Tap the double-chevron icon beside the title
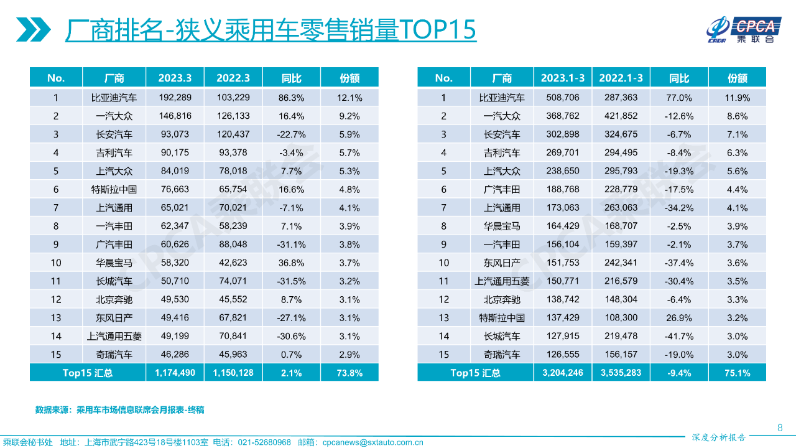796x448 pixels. click(x=34, y=29)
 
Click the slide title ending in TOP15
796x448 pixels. click(x=271, y=30)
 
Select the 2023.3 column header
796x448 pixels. click(x=175, y=78)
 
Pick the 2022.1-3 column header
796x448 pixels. click(x=621, y=78)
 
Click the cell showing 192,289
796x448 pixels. click(x=175, y=98)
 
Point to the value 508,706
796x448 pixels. click(x=563, y=98)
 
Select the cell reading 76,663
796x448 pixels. click(x=175, y=190)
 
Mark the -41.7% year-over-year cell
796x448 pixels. click(x=678, y=337)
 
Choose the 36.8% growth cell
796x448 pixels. click(x=291, y=263)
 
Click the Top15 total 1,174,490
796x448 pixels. click(x=175, y=373)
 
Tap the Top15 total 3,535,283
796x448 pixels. click(x=621, y=373)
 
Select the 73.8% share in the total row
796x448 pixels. click(x=349, y=373)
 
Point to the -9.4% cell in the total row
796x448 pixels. click(x=678, y=373)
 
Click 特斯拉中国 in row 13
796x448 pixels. click(x=502, y=318)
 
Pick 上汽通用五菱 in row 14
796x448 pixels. click(x=114, y=337)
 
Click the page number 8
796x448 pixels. click(x=780, y=427)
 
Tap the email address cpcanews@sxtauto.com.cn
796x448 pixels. click(x=373, y=442)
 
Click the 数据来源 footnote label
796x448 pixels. click(x=53, y=410)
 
